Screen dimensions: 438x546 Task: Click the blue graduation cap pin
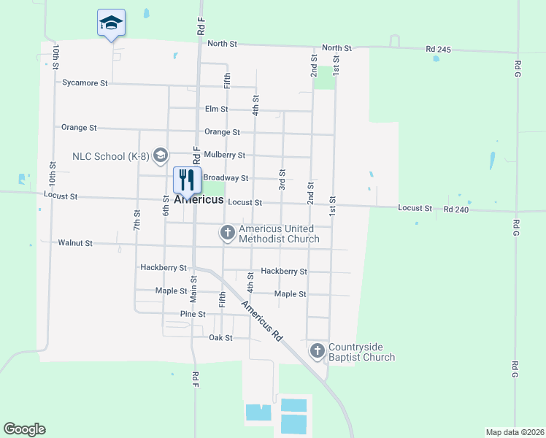pyautogui.click(x=111, y=23)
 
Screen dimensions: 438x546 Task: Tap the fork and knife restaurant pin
pyautogui.click(x=187, y=180)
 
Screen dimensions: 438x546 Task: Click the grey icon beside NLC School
pyautogui.click(x=161, y=155)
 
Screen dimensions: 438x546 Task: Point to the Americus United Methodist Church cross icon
pyautogui.click(x=227, y=234)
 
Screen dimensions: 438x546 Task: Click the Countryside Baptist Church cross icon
pyautogui.click(x=317, y=351)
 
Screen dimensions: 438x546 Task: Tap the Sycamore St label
pyautogui.click(x=85, y=83)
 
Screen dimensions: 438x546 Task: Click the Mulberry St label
pyautogui.click(x=224, y=155)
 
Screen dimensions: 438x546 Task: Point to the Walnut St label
pyautogui.click(x=75, y=243)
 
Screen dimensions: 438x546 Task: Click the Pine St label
pyautogui.click(x=193, y=314)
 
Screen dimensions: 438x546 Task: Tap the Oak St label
pyautogui.click(x=220, y=338)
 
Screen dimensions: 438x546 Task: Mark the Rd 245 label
pyautogui.click(x=439, y=50)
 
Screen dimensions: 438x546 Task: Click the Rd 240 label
pyautogui.click(x=455, y=209)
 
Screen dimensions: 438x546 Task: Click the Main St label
pyautogui.click(x=193, y=289)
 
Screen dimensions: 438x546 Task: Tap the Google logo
pyautogui.click(x=24, y=429)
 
